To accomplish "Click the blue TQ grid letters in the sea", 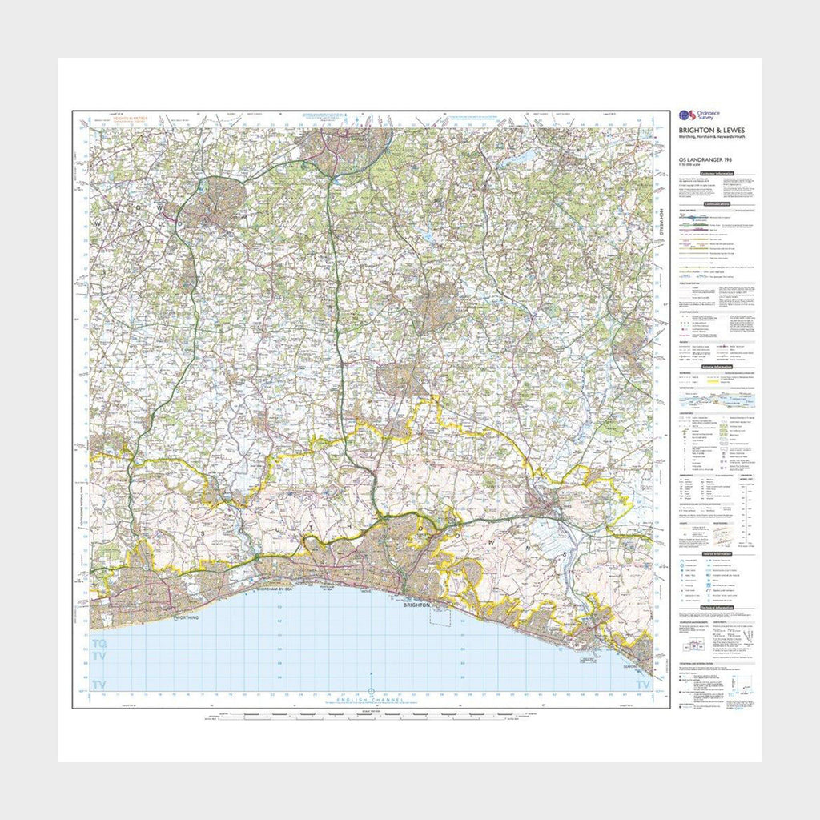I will pos(99,644).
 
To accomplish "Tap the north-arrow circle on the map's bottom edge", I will pos(370,690).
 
